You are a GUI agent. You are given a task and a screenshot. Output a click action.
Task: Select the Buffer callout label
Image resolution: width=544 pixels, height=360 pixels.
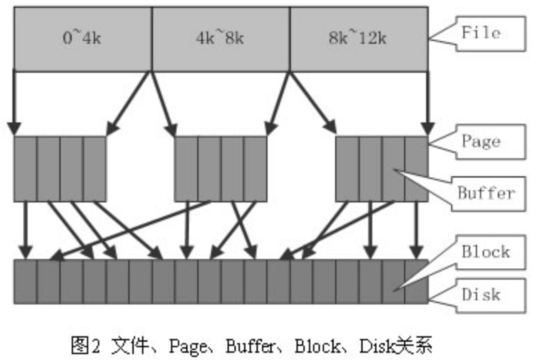488,193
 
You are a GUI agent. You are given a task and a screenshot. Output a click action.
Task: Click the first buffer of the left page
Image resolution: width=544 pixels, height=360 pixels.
25,169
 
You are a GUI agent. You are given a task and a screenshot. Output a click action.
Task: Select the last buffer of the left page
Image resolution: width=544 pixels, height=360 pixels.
94,169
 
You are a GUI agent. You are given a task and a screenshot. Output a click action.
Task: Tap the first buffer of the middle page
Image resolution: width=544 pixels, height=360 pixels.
186,169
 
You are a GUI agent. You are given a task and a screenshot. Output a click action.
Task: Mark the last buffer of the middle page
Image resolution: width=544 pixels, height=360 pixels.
255,169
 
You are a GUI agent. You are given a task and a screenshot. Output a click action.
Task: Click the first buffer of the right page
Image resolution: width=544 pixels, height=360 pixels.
347,169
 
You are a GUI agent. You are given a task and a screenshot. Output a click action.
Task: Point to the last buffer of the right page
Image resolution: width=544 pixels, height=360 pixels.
416,169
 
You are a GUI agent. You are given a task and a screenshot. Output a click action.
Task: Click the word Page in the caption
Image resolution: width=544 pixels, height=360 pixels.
188,346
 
